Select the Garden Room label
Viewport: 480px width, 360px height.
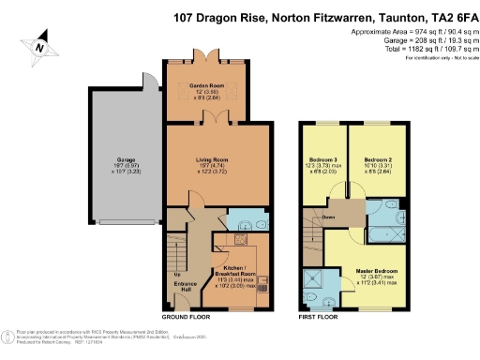click(x=205, y=85)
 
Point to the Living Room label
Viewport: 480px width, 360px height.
click(x=211, y=160)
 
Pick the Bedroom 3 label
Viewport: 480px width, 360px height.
click(x=322, y=160)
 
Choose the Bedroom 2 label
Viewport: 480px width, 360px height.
click(x=378, y=160)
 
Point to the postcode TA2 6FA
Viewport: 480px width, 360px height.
click(x=444, y=16)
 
